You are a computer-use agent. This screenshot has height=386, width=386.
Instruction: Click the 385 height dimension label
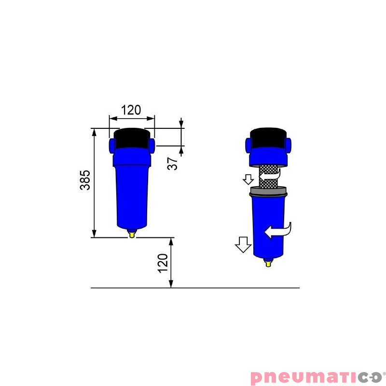click(x=85, y=179)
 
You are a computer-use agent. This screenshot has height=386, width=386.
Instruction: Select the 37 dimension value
click(x=173, y=163)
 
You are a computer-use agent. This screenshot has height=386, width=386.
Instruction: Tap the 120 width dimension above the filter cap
click(x=131, y=110)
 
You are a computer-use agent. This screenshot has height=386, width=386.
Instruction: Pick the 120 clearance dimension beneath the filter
click(x=163, y=263)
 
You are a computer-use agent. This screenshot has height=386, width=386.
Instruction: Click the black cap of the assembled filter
click(x=132, y=138)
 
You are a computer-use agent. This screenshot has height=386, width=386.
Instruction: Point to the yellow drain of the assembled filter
click(x=131, y=234)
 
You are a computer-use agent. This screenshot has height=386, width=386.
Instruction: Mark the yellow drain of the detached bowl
click(x=268, y=262)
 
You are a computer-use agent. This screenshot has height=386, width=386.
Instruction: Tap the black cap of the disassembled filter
click(x=269, y=138)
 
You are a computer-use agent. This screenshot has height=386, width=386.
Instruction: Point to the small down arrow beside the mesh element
click(x=248, y=179)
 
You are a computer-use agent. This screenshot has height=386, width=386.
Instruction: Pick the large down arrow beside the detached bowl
click(x=243, y=245)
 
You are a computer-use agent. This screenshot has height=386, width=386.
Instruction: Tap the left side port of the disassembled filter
click(x=248, y=144)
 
